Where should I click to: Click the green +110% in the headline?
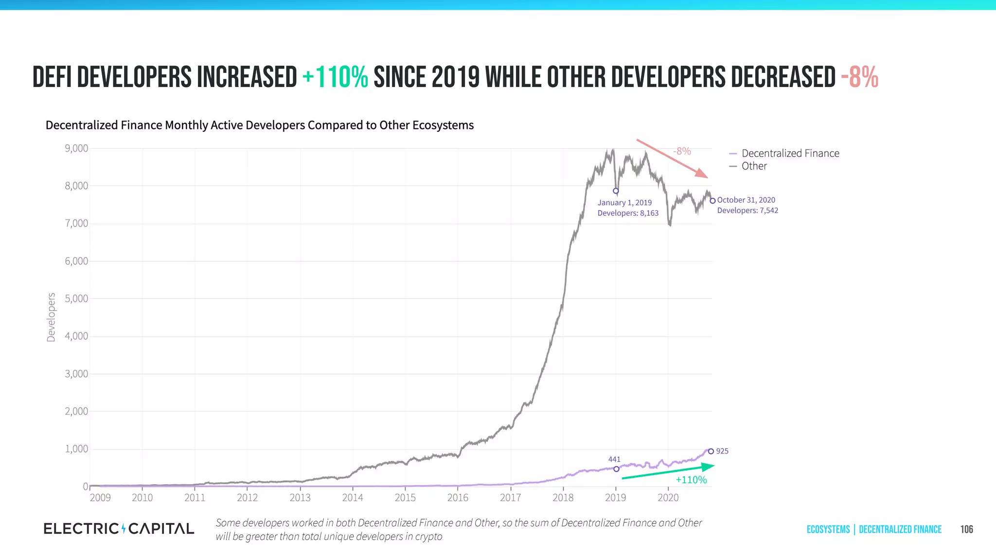tap(335, 77)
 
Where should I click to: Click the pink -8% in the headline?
tap(859, 77)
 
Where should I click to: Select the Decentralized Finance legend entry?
tap(790, 153)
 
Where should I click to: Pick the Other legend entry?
tap(754, 166)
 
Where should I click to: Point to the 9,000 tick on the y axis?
tap(76, 148)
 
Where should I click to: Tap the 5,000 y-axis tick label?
tap(76, 298)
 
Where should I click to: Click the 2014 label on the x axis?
tap(353, 497)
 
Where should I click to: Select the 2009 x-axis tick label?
tap(100, 497)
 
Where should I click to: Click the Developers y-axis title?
tap(51, 317)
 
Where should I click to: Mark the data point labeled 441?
tap(616, 469)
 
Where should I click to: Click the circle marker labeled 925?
tap(711, 452)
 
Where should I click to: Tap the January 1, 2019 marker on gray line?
tap(616, 191)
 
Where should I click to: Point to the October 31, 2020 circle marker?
tap(712, 201)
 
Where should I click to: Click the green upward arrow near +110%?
tap(668, 472)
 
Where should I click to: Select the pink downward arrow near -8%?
tap(672, 158)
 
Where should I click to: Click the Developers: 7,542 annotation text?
tap(747, 210)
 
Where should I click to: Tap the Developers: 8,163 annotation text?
tap(628, 213)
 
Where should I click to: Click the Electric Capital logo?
tap(119, 528)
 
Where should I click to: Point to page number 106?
tap(966, 529)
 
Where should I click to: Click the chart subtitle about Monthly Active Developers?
tap(259, 125)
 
